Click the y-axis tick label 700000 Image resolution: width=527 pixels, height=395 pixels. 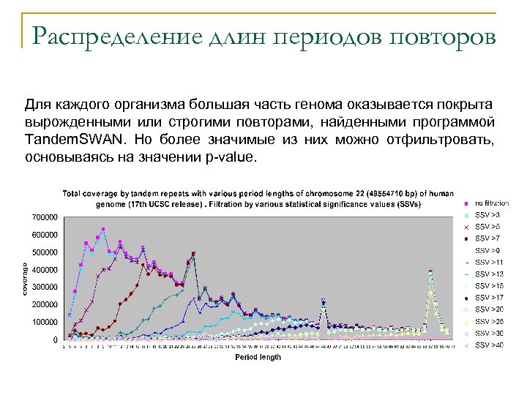point(45,217)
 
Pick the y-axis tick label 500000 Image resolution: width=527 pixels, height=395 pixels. point(45,252)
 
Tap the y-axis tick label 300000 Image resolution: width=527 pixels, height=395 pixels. point(45,287)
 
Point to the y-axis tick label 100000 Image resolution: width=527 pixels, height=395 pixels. point(45,323)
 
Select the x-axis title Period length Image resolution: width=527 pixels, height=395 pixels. point(258,358)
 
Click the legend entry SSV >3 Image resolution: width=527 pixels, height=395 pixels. point(487,215)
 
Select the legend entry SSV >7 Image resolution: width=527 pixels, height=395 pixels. point(487,238)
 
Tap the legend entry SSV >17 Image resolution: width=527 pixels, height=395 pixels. point(489,298)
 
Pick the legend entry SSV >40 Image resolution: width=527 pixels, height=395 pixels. point(489,345)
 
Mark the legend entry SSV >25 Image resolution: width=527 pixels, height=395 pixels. point(489,321)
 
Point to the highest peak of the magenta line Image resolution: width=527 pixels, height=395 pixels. point(103,229)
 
